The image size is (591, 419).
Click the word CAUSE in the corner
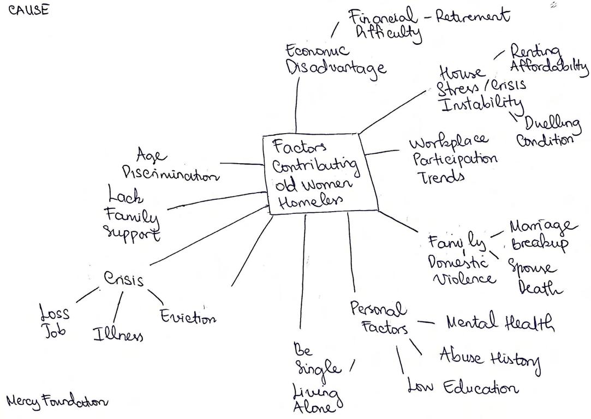point(29,10)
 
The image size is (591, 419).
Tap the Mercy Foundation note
point(57,401)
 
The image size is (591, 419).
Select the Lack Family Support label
point(133,214)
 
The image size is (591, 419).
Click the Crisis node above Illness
point(124,279)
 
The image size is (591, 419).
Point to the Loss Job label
point(55,320)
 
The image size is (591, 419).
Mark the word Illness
point(118,334)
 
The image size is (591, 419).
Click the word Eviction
point(188,317)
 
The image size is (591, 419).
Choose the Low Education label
point(462,388)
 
